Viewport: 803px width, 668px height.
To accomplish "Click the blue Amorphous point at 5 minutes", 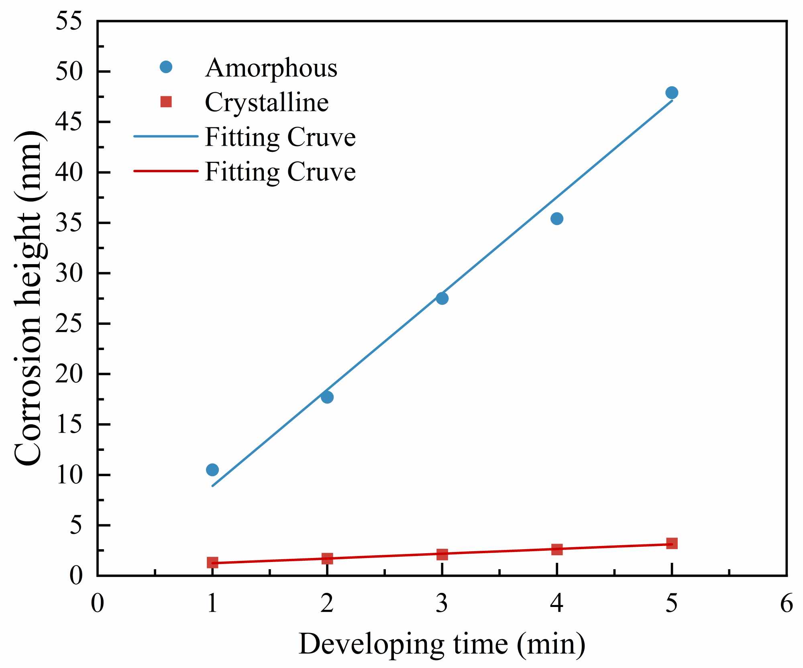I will pos(672,93).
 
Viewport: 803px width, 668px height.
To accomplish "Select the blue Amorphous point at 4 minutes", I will pos(557,219).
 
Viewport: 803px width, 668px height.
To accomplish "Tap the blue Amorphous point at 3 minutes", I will pos(442,298).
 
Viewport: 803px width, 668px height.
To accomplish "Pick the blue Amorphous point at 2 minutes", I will pos(327,397).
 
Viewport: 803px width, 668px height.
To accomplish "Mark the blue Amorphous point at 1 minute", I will pos(212,470).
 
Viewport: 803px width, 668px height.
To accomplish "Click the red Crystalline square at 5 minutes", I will pos(672,544).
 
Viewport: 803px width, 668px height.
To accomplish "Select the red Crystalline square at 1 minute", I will pos(212,562).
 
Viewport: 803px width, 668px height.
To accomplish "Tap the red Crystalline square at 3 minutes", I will pos(442,554).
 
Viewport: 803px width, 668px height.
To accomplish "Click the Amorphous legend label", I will pos(271,68).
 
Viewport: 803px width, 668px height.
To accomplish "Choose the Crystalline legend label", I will pos(267,102).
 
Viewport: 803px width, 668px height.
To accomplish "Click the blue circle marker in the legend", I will pos(166,67).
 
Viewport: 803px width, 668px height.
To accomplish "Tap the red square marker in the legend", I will pos(166,102).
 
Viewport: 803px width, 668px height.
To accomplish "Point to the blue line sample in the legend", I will pos(166,136).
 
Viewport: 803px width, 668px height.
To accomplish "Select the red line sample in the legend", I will pos(166,171).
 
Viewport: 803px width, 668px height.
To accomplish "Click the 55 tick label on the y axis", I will pos(69,21).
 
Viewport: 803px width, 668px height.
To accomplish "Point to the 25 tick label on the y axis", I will pos(69,324).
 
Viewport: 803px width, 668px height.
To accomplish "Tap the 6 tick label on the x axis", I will pos(787,603).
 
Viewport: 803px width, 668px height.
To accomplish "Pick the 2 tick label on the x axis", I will pos(327,603).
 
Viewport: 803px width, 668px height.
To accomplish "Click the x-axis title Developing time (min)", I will pos(442,645).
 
